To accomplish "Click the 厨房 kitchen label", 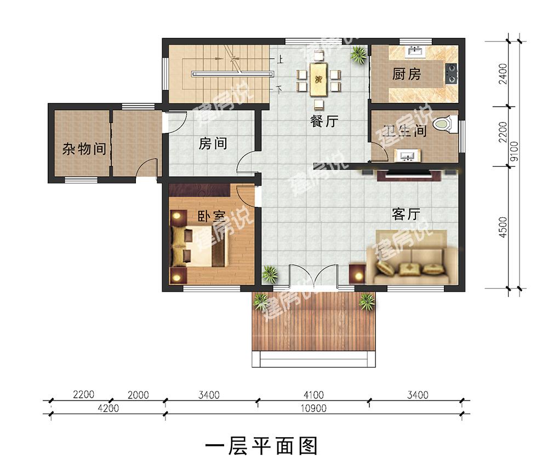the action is [x=406, y=74].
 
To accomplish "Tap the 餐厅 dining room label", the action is [x=324, y=121].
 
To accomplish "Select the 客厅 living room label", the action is [x=406, y=214].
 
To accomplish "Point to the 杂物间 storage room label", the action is [x=84, y=149].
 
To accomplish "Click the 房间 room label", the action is [x=213, y=143].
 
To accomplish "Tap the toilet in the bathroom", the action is [x=445, y=125].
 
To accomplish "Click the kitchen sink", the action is [x=415, y=52].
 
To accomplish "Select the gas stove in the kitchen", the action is [x=451, y=74].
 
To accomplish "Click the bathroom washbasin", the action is [x=407, y=155].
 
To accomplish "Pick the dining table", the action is [x=318, y=79].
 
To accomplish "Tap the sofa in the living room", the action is [x=412, y=258].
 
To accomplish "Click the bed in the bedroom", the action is [x=199, y=246].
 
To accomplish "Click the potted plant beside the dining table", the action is [x=359, y=54].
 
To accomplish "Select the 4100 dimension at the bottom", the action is [x=313, y=395].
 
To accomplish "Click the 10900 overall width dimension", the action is [x=313, y=408].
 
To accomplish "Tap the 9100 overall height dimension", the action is [x=514, y=152].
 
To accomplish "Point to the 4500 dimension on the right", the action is [x=503, y=228].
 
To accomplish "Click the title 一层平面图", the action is [x=261, y=446].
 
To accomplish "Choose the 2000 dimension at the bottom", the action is [x=138, y=395].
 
